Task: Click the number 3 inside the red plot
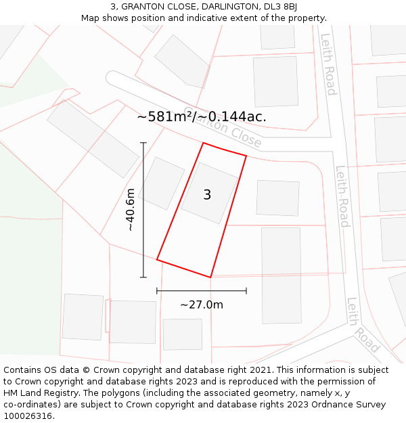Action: (207, 195)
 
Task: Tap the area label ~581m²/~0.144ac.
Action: (202, 116)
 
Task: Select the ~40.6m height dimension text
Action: (131, 210)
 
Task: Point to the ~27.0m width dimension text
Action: (202, 305)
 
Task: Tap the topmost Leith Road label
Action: (328, 64)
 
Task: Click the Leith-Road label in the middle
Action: (342, 196)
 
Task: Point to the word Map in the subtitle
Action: (91, 18)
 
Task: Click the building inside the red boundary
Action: (209, 193)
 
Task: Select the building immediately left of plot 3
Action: (161, 183)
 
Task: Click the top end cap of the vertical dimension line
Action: (143, 143)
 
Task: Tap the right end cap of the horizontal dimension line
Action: (246, 290)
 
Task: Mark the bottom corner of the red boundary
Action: (210, 277)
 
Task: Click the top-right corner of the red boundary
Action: (246, 156)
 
